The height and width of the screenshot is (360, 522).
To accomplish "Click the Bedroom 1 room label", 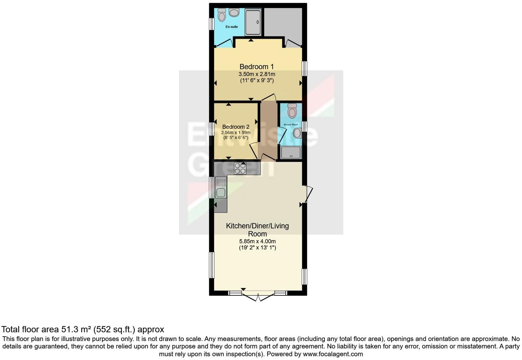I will tap(257, 67).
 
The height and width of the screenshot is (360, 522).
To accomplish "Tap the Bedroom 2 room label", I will tap(236, 127).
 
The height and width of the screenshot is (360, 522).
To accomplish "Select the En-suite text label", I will tap(231, 27).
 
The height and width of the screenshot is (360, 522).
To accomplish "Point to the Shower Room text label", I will tap(291, 124).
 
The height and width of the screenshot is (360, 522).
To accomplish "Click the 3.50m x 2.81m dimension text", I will tap(257, 74).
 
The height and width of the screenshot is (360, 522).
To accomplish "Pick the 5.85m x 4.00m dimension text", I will tap(257, 241).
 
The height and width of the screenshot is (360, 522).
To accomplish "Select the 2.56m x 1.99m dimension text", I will tap(236, 133).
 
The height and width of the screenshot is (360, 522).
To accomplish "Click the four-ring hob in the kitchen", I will tap(240, 168).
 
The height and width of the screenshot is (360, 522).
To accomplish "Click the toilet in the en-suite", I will tap(222, 15).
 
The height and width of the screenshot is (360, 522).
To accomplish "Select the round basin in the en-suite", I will tap(234, 13).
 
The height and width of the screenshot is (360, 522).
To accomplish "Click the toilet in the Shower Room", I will tap(292, 111).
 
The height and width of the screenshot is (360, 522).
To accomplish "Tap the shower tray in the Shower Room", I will tap(291, 153).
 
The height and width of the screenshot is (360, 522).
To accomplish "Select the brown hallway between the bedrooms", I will tap(268, 131).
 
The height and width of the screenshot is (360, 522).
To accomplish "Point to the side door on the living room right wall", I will tap(308, 194).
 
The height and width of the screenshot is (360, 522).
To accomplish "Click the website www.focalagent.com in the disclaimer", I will tap(333, 354).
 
